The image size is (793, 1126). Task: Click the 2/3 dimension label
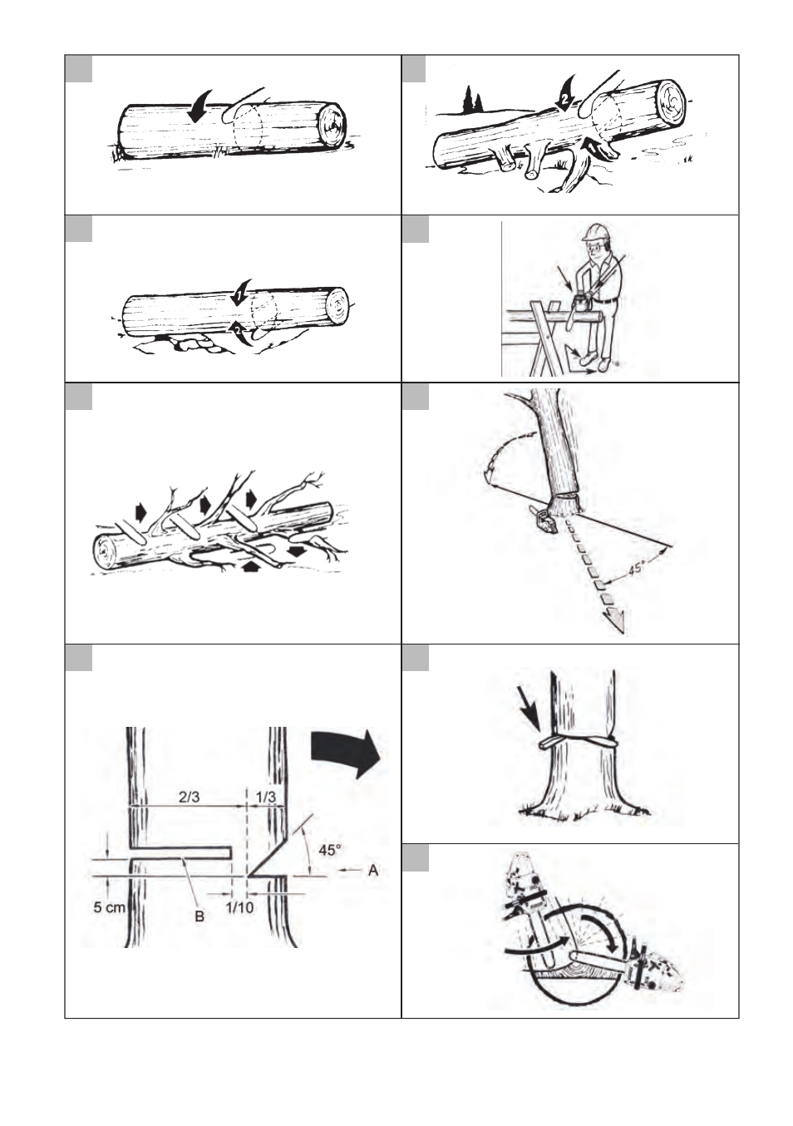(x=189, y=798)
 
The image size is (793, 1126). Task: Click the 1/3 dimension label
(x=266, y=798)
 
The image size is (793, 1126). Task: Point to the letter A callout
(x=373, y=870)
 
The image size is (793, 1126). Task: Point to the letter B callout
(x=199, y=916)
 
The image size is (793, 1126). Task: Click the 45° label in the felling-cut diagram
(x=330, y=850)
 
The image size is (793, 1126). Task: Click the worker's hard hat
(x=594, y=232)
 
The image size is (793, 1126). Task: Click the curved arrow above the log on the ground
(x=199, y=106)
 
